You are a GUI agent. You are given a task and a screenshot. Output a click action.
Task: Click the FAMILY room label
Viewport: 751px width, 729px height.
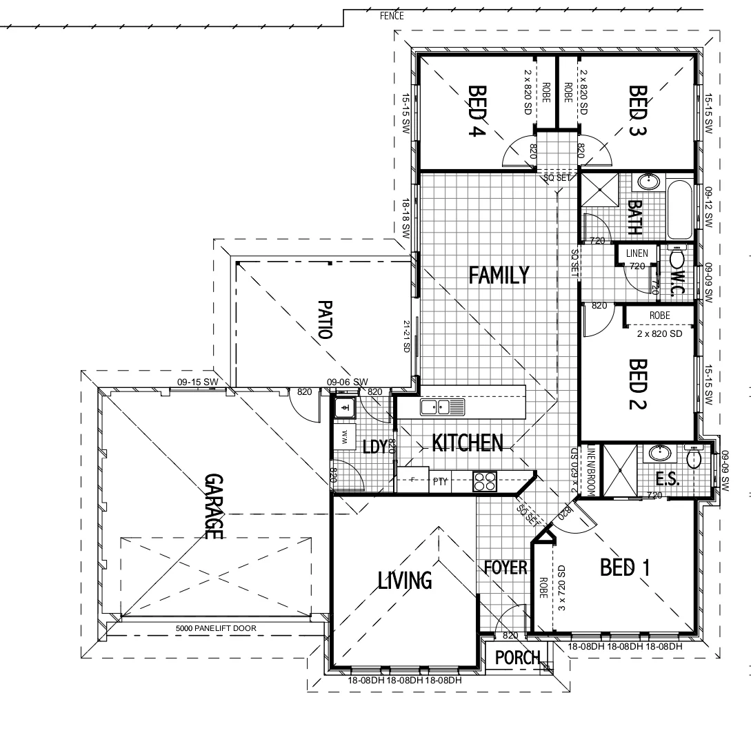(x=499, y=275)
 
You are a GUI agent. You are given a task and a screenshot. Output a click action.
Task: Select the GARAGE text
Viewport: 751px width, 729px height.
(x=213, y=507)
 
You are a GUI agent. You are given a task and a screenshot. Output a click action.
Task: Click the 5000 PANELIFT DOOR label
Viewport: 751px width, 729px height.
(x=215, y=629)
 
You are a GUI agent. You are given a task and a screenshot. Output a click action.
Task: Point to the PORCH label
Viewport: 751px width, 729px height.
(x=518, y=658)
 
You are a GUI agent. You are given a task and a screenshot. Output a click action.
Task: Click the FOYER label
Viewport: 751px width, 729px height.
(x=505, y=568)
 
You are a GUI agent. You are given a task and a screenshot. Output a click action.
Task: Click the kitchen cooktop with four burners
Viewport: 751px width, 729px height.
(x=485, y=481)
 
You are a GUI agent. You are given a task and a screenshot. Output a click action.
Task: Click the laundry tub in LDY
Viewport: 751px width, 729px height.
(x=343, y=409)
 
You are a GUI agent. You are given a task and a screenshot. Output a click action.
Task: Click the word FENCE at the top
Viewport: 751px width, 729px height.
(x=392, y=16)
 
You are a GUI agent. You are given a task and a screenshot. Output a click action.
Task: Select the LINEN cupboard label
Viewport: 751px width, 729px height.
(x=637, y=254)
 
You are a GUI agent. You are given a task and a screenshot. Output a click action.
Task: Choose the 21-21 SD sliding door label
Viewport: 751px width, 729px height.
(x=407, y=336)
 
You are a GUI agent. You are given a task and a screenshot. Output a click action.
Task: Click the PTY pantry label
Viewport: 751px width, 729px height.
(x=440, y=482)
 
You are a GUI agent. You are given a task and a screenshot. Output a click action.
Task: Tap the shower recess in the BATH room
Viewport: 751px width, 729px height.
(x=599, y=190)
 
